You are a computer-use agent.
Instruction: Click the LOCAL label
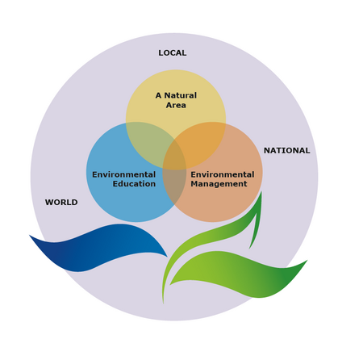click(x=173, y=53)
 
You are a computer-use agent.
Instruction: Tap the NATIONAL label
click(x=287, y=151)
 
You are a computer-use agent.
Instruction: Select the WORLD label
click(x=61, y=203)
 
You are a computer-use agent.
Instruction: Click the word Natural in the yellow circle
click(x=181, y=95)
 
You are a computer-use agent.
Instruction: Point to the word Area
click(x=176, y=105)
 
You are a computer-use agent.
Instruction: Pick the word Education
click(x=134, y=184)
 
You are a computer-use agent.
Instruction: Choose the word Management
click(x=219, y=184)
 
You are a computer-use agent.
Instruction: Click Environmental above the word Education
click(x=124, y=174)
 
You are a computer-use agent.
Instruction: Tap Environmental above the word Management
click(x=223, y=174)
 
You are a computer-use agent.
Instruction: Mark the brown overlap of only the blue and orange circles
click(x=174, y=186)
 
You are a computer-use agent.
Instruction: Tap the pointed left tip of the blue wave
click(x=30, y=236)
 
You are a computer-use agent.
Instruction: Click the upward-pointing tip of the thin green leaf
click(x=261, y=192)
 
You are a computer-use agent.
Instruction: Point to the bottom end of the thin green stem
click(x=163, y=303)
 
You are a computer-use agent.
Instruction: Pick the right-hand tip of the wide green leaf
click(x=307, y=261)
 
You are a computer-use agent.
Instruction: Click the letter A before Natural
click(x=159, y=95)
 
